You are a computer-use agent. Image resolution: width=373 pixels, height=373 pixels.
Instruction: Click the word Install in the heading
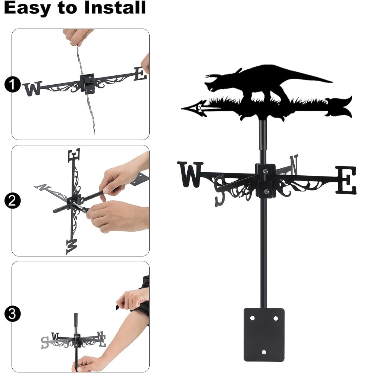tap(115, 7)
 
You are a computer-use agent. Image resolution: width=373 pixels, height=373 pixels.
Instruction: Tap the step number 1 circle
tap(12, 84)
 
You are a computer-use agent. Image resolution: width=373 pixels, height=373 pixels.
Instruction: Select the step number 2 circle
tap(12, 201)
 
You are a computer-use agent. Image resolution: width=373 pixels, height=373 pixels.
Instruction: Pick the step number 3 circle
tap(12, 314)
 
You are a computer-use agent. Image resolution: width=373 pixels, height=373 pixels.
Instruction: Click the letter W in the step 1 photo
tap(32, 88)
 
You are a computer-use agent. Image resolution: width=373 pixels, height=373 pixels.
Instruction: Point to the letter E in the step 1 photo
tap(140, 74)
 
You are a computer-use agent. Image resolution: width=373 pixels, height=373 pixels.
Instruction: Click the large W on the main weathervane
tap(190, 174)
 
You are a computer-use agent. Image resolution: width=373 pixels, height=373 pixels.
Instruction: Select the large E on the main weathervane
tap(346, 180)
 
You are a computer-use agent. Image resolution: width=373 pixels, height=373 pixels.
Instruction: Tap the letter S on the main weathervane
tap(220, 191)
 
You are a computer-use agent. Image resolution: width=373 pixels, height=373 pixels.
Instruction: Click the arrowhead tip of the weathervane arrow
tap(182, 109)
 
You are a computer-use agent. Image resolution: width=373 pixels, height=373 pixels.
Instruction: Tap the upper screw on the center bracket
tap(266, 171)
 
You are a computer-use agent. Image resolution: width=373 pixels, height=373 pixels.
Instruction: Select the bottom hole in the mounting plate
tap(264, 352)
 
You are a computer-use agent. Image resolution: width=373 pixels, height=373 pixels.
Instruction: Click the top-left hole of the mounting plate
tap(252, 318)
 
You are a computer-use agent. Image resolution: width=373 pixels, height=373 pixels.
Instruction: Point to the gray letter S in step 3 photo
tap(44, 342)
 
